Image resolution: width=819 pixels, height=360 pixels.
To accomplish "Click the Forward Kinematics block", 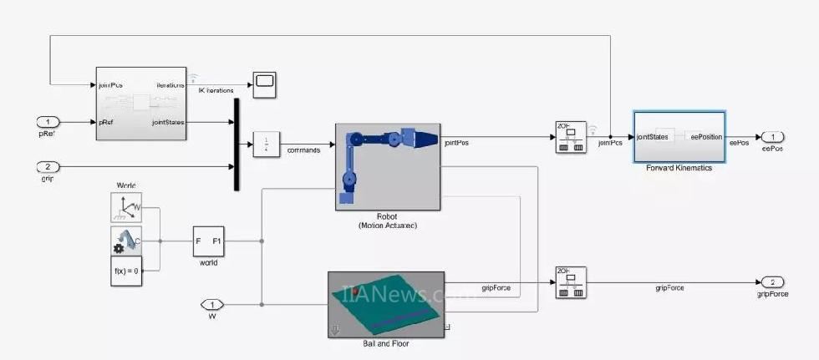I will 679,137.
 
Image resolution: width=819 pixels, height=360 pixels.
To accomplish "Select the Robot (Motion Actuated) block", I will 388,166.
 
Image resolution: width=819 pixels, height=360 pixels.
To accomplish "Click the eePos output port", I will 773,137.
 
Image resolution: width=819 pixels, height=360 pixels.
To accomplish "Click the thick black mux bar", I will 237,145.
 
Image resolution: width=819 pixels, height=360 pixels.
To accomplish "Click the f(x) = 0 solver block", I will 125,271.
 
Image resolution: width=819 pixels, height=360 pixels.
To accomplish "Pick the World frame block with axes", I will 125,207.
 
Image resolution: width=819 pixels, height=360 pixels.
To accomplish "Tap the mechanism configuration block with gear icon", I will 125,241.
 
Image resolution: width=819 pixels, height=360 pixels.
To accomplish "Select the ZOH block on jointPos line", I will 571,137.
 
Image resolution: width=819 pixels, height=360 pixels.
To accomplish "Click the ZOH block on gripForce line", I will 571,281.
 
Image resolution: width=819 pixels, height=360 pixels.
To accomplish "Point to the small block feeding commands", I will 267,145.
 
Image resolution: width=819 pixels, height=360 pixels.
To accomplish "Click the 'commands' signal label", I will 305,150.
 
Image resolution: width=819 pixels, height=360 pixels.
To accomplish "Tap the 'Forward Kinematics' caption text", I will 679,168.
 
